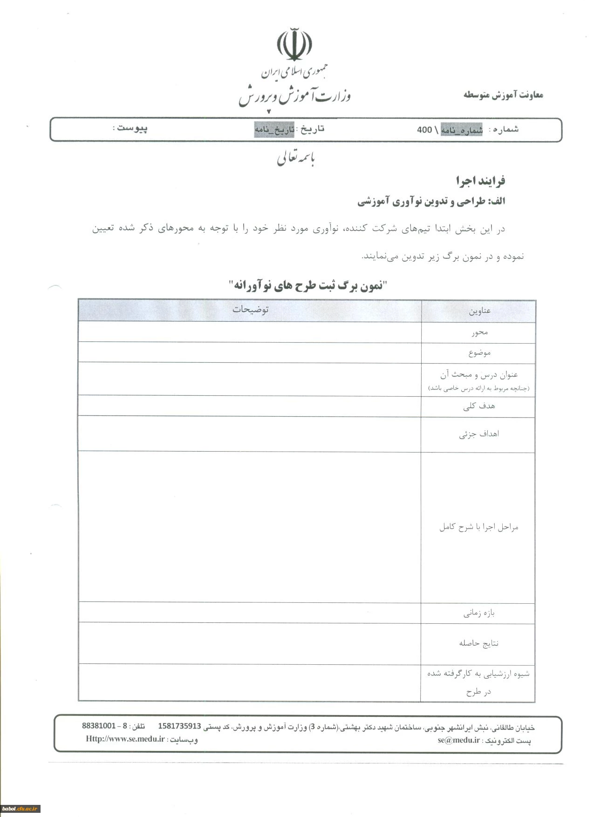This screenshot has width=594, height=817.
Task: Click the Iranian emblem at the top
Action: tap(294, 45)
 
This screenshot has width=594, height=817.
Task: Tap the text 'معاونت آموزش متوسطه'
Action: tap(503, 95)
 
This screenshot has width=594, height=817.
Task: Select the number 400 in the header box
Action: tap(424, 130)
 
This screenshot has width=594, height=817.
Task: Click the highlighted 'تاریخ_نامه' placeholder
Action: tap(274, 130)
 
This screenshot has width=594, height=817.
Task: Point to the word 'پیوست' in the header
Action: tap(132, 128)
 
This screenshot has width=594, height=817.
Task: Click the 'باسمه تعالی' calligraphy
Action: tap(296, 159)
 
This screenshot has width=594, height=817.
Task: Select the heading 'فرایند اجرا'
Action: tap(480, 181)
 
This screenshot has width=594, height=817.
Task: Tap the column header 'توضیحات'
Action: tap(251, 310)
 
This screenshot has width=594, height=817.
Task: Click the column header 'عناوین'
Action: tap(479, 311)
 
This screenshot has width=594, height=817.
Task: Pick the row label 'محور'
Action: tap(479, 332)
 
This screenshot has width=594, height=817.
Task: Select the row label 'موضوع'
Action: tap(479, 353)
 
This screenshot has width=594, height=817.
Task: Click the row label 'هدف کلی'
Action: tap(479, 406)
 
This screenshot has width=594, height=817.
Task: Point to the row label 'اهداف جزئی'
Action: tap(479, 434)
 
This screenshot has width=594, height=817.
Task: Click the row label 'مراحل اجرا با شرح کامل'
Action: tap(478, 527)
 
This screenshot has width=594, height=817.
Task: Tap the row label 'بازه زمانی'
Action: tap(479, 613)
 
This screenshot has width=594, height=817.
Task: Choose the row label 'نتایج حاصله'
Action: tap(478, 643)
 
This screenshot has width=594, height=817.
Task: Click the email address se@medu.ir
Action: tap(458, 740)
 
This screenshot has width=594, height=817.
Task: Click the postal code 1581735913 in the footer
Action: tap(179, 726)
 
